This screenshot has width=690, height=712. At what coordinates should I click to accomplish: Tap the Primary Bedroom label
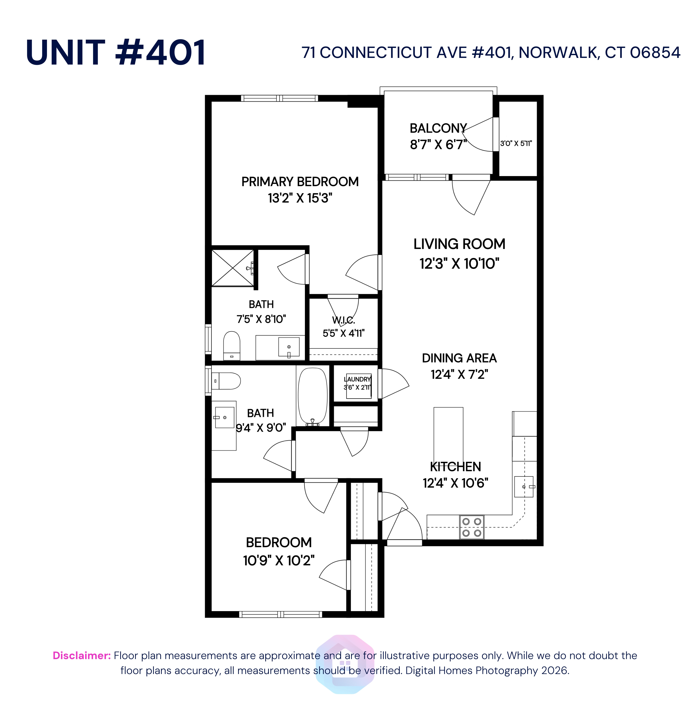coord(300,182)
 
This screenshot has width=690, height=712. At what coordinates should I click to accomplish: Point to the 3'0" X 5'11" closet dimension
coord(516,144)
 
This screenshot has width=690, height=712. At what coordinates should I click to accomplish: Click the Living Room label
coord(459,244)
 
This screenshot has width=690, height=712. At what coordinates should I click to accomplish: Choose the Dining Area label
coord(459,358)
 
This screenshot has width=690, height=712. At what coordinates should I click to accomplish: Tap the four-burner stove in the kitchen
coord(471,527)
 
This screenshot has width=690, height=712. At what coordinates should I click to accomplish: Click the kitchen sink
coord(524,486)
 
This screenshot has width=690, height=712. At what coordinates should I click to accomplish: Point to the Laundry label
coord(358,379)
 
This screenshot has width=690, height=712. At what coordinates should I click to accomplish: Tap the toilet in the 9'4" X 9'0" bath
coord(226,381)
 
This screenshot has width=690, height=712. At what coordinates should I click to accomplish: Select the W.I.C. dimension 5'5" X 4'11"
coord(343,333)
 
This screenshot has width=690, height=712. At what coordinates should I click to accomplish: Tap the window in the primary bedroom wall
coord(279,98)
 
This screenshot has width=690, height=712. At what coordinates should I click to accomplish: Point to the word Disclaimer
coord(82,655)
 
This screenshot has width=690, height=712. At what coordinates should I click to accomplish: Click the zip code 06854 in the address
coord(655,53)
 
